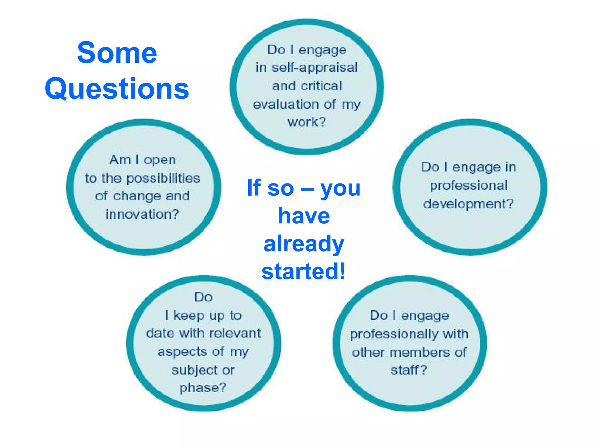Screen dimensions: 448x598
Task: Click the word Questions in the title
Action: [x=117, y=89]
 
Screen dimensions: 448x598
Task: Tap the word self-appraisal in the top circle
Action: [x=314, y=68]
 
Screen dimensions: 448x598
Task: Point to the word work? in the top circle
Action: [x=307, y=122]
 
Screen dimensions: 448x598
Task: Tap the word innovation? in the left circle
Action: [x=142, y=215]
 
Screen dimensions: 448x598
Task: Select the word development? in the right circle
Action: [x=468, y=204]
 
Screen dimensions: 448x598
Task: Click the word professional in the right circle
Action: [x=469, y=186]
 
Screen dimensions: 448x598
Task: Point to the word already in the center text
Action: [x=304, y=244]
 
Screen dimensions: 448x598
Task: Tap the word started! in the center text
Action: [x=304, y=272]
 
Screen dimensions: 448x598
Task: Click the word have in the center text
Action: [x=304, y=216]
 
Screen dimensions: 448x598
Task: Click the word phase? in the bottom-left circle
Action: [x=203, y=388]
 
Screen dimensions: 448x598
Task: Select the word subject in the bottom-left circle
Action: [x=195, y=370]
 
